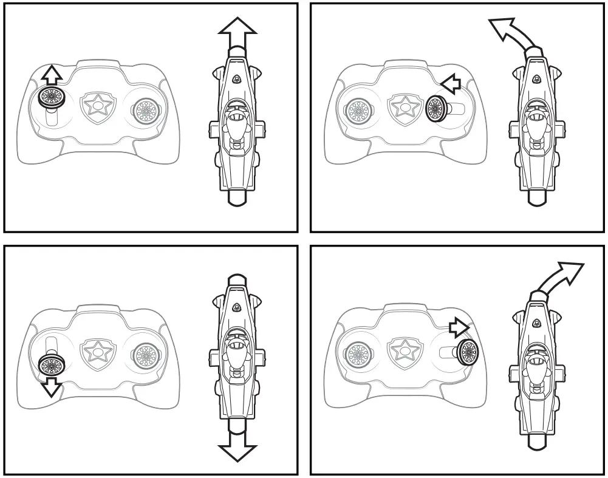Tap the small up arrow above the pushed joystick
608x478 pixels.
53,75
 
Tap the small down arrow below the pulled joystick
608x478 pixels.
51,386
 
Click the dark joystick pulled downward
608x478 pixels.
50,364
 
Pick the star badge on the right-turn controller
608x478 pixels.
402,351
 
